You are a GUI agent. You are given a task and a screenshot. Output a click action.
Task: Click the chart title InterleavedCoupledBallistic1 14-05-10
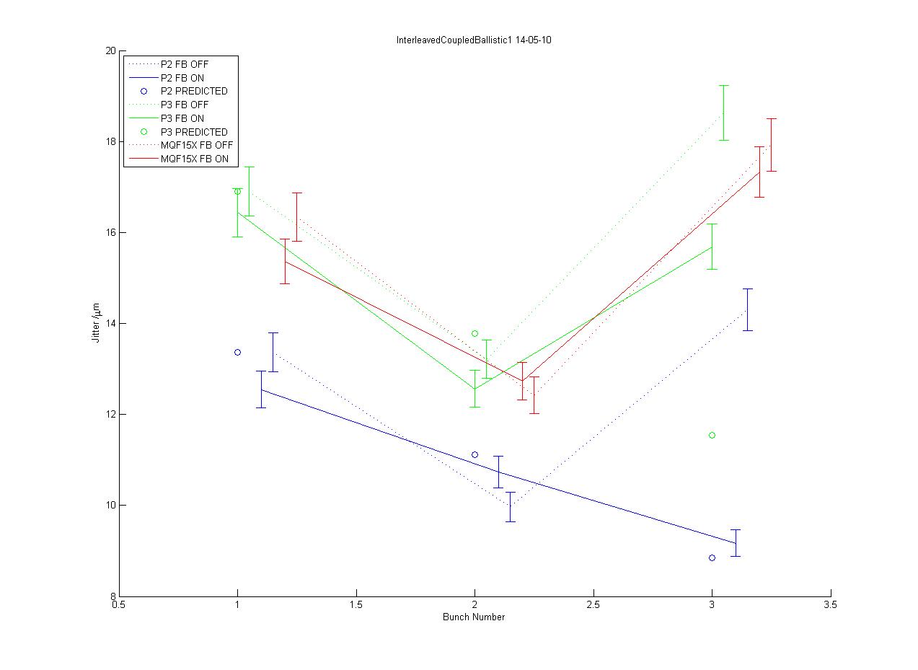coord(474,40)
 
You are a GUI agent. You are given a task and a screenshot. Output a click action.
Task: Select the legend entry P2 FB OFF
coord(185,64)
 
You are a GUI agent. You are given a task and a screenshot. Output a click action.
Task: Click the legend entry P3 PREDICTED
coord(194,132)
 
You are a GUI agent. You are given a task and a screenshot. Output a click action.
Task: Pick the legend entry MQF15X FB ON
coord(199,159)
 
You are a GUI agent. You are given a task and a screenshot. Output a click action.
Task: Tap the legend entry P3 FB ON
coord(182,118)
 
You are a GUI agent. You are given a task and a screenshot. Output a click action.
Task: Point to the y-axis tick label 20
coord(111,51)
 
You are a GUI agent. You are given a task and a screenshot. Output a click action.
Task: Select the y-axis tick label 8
coord(113,596)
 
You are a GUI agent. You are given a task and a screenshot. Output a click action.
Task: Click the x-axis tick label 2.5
coord(593,606)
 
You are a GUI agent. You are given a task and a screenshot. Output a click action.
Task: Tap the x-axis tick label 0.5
coord(119,606)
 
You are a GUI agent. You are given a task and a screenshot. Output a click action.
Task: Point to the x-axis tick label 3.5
coord(831,606)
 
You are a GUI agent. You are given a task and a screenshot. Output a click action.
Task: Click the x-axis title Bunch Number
coord(474,617)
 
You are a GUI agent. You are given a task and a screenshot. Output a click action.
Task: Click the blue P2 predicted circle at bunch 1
coord(237,352)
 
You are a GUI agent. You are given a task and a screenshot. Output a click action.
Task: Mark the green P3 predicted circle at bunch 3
coord(712,435)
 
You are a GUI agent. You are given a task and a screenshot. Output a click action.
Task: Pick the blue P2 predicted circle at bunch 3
coord(712,557)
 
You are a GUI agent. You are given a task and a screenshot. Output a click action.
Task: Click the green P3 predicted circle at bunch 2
coord(475,333)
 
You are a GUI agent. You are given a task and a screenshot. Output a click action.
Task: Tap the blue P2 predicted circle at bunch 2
coord(475,454)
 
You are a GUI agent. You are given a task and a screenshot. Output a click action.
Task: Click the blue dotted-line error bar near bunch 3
coord(748,309)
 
